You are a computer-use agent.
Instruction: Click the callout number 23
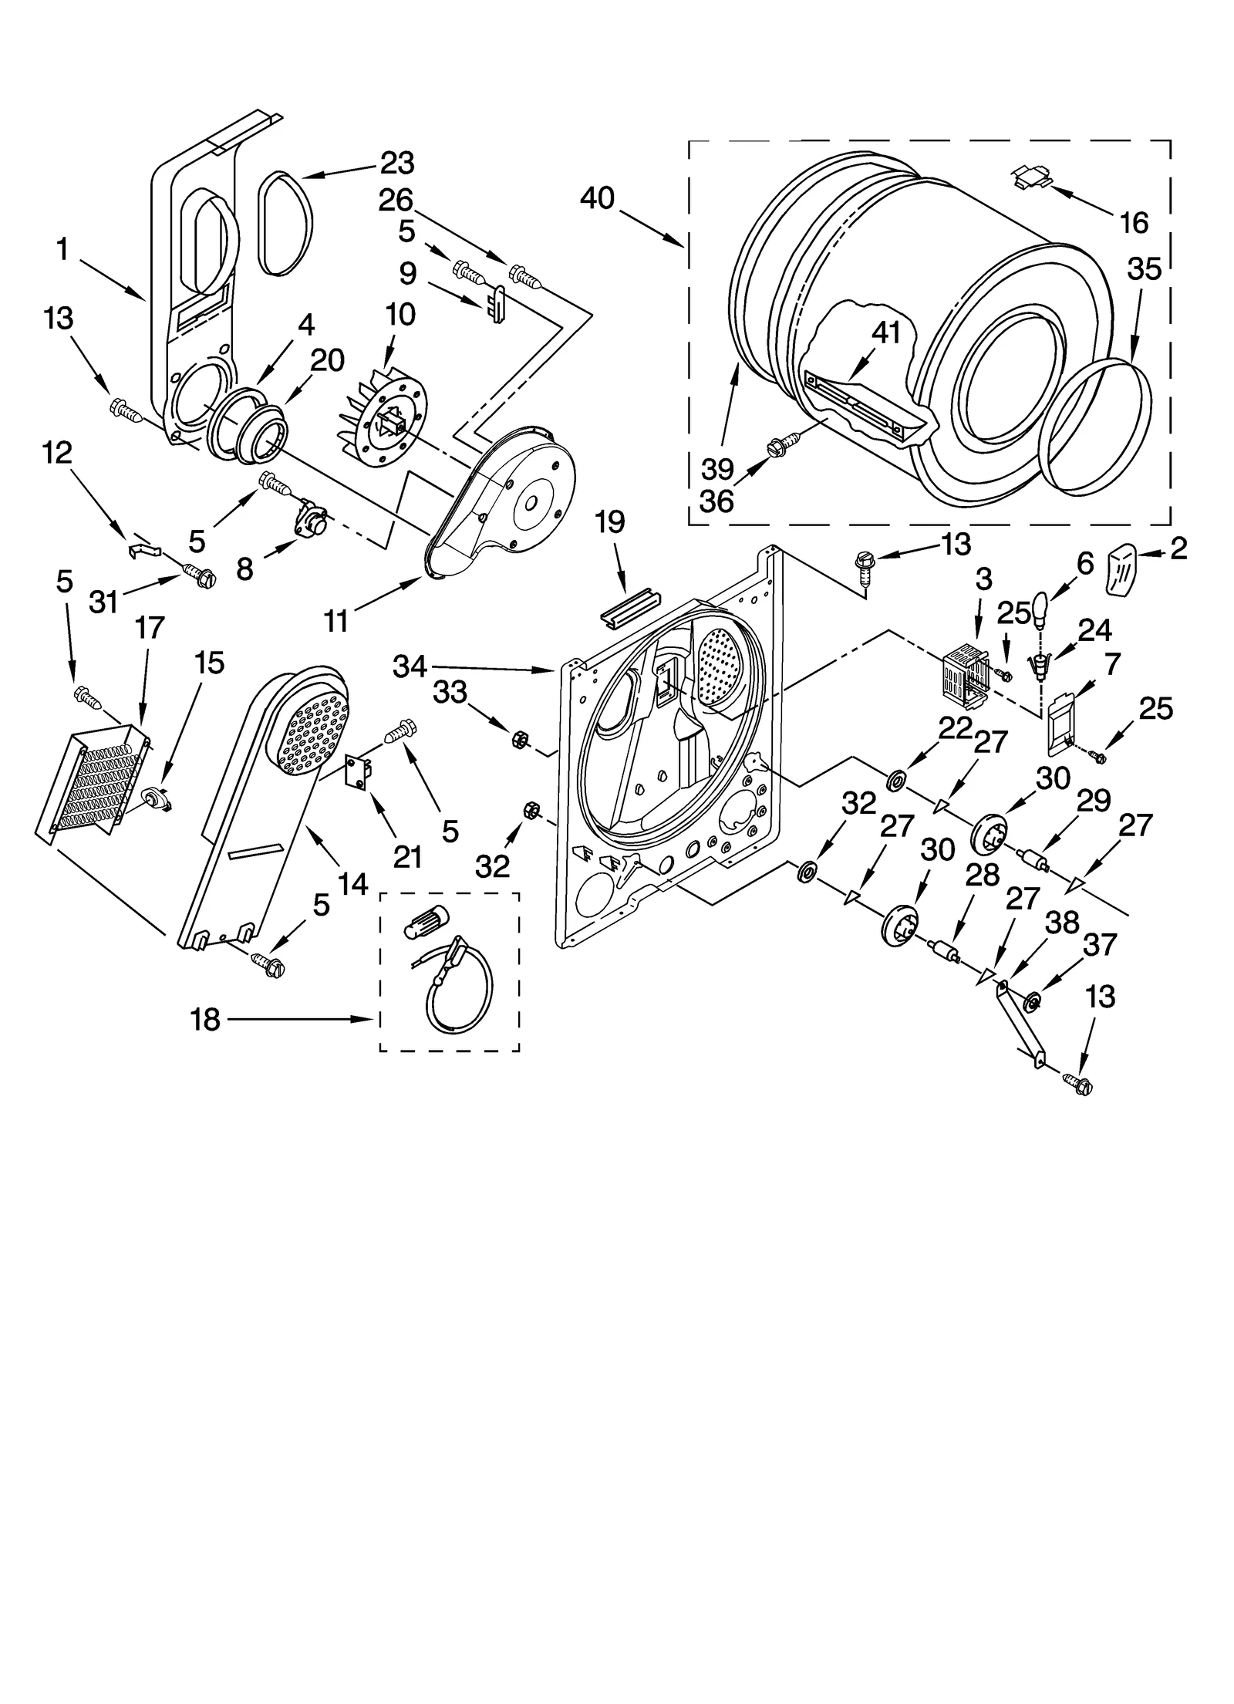tap(397, 164)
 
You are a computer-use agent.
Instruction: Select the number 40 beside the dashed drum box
tap(598, 198)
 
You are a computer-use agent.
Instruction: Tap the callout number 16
tap(1133, 222)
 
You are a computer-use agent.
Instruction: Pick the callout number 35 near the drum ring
tap(1144, 269)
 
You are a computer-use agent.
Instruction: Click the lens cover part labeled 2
tap(1126, 568)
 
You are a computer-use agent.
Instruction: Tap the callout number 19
tap(609, 523)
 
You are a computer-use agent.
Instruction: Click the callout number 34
tap(410, 666)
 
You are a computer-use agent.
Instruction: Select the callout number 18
tap(206, 1020)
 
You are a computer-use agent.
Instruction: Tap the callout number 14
tap(352, 885)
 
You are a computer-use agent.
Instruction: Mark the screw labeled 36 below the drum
tap(777, 446)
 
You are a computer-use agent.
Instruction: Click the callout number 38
tap(1061, 923)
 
